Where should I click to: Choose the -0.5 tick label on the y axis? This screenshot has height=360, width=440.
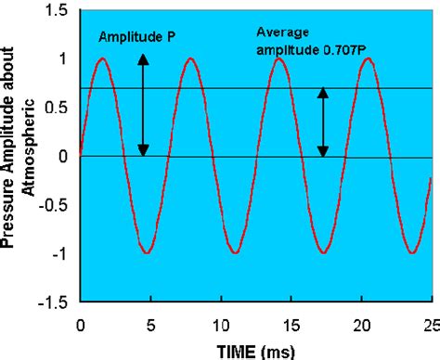[54, 205]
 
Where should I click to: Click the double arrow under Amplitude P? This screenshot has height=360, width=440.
[143, 105]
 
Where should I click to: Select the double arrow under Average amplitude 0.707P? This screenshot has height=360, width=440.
[322, 122]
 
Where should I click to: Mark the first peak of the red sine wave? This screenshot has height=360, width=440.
[102, 58]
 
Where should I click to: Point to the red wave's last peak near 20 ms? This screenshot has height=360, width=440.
[369, 58]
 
